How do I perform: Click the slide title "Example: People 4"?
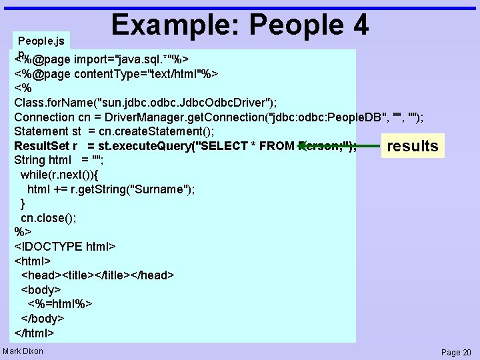tap(240, 25)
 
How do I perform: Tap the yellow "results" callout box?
tap(413, 146)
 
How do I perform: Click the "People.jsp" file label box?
tap(41, 41)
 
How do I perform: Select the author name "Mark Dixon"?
tap(23, 351)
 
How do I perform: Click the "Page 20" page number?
tap(456, 352)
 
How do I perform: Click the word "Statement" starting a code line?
tap(41, 131)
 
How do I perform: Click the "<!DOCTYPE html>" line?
tap(65, 247)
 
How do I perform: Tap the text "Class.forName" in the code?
tap(53, 102)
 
